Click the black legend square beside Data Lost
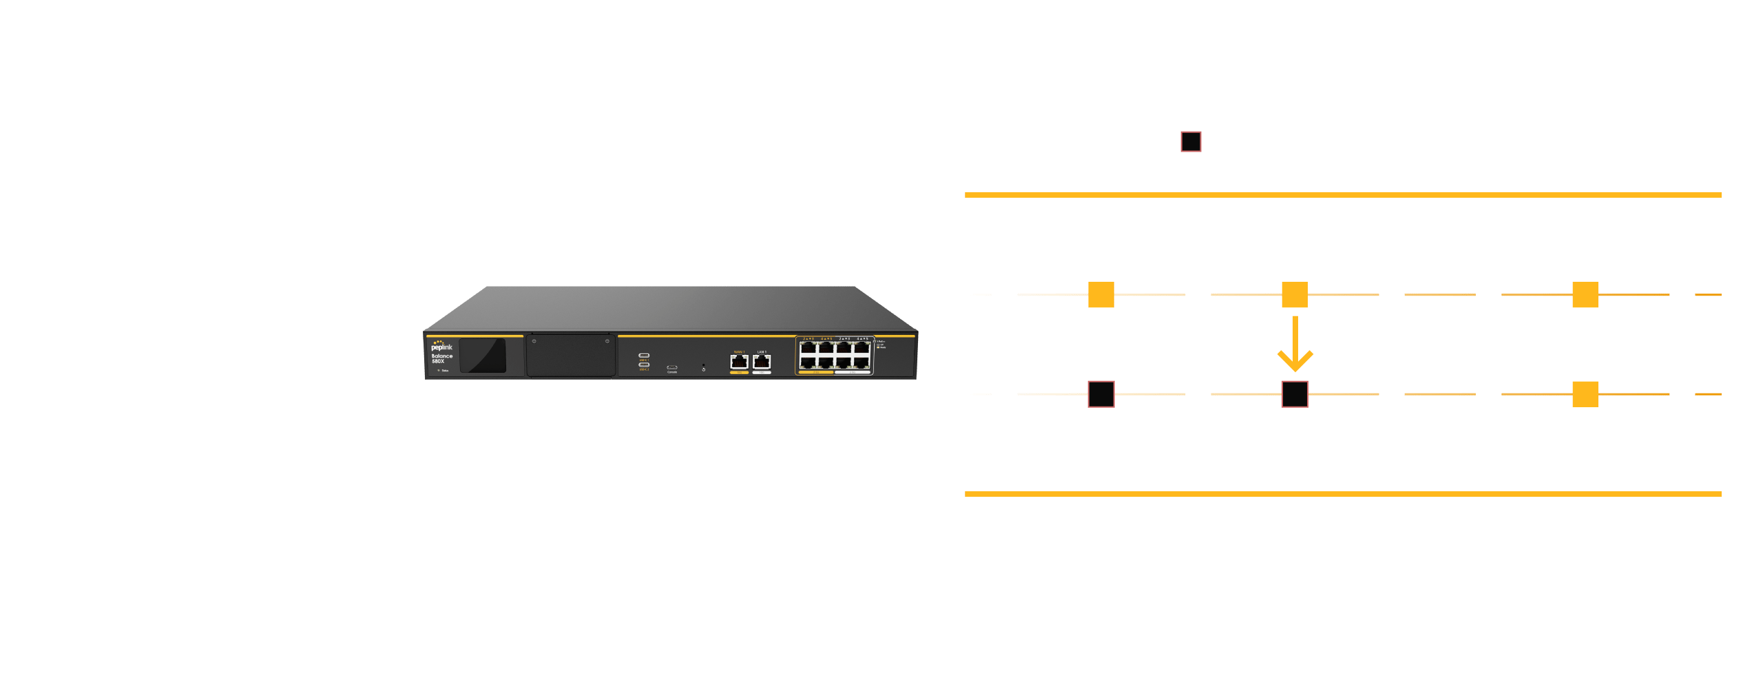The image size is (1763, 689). [1191, 142]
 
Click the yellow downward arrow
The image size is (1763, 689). [1295, 344]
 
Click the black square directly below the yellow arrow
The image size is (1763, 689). [1295, 394]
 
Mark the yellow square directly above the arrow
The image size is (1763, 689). [1295, 295]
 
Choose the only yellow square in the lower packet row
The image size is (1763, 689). [1585, 394]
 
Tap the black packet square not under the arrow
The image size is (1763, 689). [1101, 394]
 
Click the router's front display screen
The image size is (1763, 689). [482, 356]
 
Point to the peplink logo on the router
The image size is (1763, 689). [441, 347]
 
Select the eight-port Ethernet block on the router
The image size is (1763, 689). [835, 356]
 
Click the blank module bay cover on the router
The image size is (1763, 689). [571, 356]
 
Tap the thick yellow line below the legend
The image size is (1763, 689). [1343, 195]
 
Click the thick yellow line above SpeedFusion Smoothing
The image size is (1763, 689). [1343, 494]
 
